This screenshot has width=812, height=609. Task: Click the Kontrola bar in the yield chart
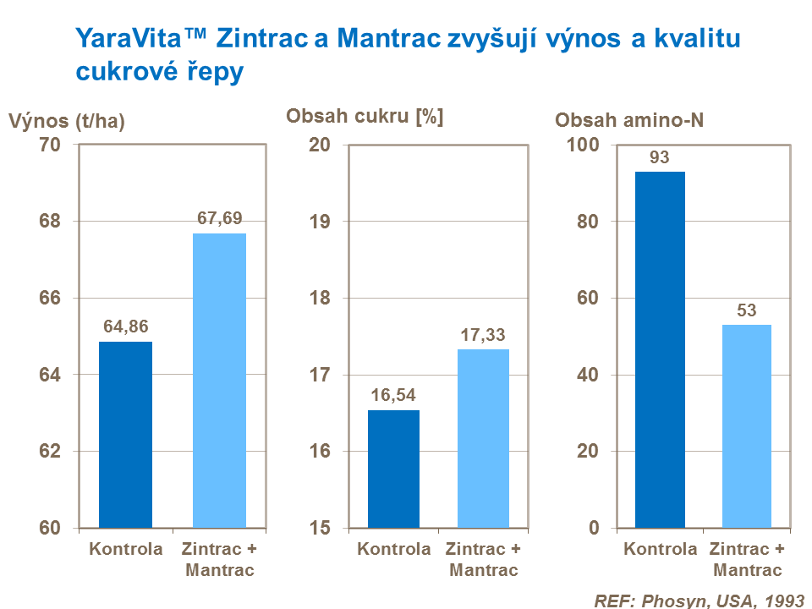click(125, 435)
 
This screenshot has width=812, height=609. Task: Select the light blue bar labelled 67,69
click(219, 381)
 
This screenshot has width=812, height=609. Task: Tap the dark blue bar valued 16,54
click(392, 469)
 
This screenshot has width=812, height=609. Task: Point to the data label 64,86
click(127, 326)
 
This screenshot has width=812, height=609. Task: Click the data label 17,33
click(483, 336)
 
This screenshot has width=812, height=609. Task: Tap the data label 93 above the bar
click(660, 157)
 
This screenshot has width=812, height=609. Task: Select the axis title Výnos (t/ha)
click(67, 122)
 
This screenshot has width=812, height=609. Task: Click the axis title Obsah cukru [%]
click(365, 118)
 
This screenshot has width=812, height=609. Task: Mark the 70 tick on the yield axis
click(50, 145)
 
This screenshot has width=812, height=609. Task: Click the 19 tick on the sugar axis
click(320, 222)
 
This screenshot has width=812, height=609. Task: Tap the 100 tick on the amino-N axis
click(582, 145)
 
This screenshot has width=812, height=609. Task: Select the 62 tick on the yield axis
click(50, 452)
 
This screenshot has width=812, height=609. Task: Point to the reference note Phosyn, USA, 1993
click(699, 601)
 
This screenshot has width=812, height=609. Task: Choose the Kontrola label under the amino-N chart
click(661, 550)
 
